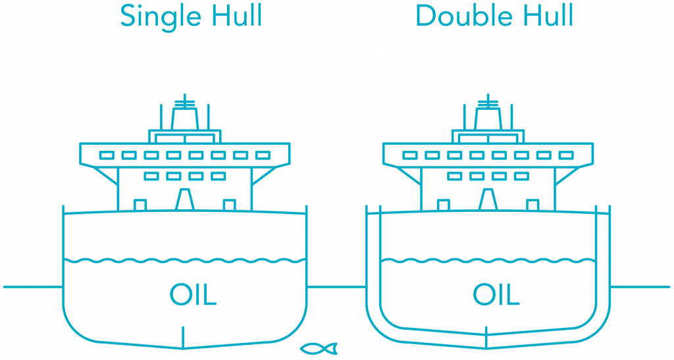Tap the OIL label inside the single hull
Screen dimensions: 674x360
coord(193,294)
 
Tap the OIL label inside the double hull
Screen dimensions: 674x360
coord(496,294)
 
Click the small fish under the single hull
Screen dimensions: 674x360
coord(319,348)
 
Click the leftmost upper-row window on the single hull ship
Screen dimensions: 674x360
coord(107,155)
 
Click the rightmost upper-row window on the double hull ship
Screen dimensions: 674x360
coord(566,155)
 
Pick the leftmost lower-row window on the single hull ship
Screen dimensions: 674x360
coord(151,176)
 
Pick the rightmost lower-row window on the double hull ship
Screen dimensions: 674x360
coord(521,176)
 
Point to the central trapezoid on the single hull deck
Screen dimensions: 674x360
coord(185,199)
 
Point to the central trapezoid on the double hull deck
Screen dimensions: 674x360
coord(488,199)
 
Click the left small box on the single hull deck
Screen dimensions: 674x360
coord(140,205)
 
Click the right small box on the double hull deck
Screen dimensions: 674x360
coord(532,205)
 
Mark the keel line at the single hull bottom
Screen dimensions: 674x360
coord(183,338)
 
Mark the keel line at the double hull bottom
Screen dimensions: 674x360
coord(486,338)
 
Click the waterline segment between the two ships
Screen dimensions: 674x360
coord(336,286)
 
